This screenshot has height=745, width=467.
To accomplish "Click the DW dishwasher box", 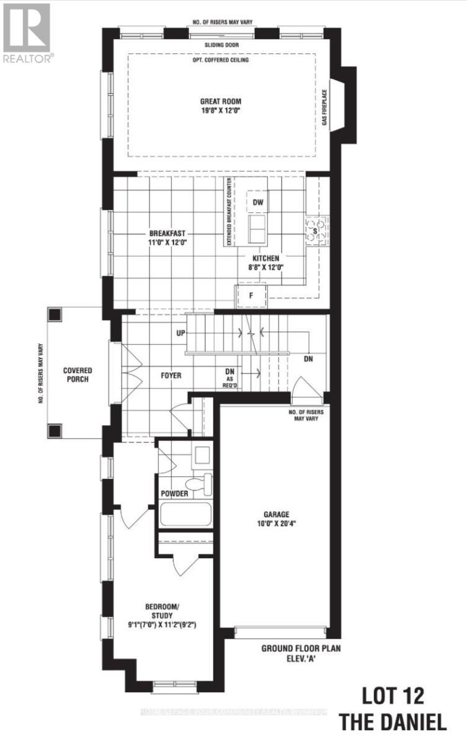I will [x=259, y=202].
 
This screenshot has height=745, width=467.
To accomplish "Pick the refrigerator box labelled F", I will [x=251, y=295].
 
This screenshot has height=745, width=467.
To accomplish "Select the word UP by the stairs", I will [x=181, y=333].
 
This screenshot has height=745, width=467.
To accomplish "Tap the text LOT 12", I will [x=393, y=696].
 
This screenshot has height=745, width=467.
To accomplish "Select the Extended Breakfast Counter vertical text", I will [x=229, y=210].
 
